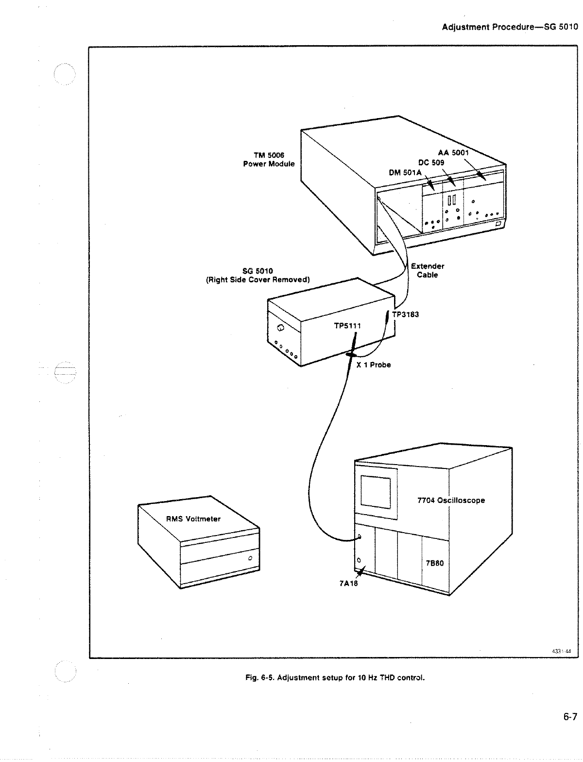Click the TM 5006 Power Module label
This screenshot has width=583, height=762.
tap(269, 159)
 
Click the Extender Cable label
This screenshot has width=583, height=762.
tap(428, 271)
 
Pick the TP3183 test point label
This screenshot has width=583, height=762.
tap(405, 314)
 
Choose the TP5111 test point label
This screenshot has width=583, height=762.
tap(347, 326)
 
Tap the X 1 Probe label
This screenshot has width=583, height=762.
tap(374, 365)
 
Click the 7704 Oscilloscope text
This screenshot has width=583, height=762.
tap(451, 500)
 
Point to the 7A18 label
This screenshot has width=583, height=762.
tap(348, 583)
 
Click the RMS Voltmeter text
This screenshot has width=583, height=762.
tap(193, 519)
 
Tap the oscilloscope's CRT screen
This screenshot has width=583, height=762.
tap(375, 491)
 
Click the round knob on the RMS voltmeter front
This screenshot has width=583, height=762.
tap(250, 558)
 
